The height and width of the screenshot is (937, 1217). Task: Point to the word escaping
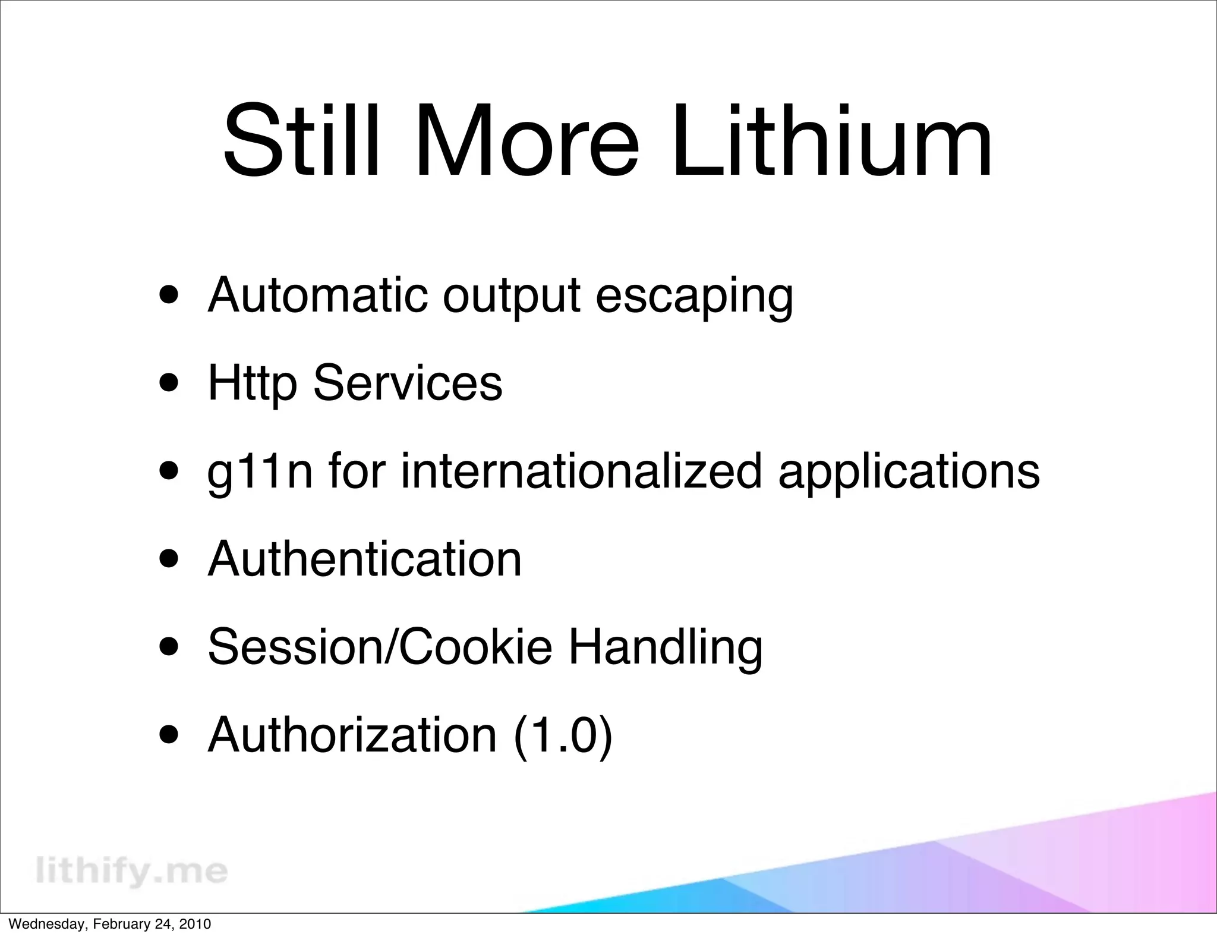[694, 296]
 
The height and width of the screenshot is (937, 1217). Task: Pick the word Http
[252, 383]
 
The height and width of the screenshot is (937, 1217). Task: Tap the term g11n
[260, 471]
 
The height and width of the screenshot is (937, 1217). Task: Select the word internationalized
[581, 470]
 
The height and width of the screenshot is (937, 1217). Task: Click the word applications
[909, 471]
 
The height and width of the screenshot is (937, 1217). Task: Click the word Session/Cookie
[380, 646]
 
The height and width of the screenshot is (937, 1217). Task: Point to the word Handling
[666, 647]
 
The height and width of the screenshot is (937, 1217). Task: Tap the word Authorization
[352, 735]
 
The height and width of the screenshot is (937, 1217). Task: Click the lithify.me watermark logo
[131, 872]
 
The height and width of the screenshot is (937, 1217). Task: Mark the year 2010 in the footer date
[195, 924]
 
